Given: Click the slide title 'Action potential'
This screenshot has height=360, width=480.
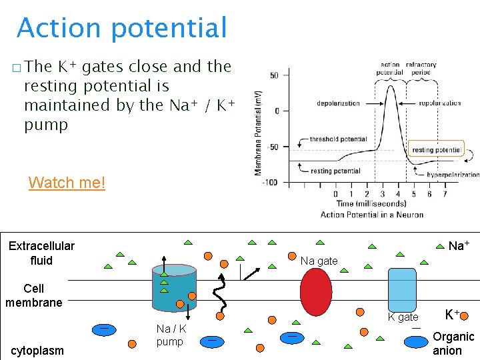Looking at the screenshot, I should pos(122,28).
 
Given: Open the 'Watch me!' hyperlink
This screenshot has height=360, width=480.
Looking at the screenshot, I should pos(67,183).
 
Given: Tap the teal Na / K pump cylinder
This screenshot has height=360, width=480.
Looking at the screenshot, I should pos(174,287).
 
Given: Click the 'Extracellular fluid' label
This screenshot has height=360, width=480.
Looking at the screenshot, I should pos(41,253).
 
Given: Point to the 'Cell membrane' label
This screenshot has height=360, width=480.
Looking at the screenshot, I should pos(33,295).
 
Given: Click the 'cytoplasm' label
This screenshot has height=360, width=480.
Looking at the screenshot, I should pos(37,351).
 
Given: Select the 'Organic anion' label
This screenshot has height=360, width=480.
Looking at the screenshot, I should pos(453,343).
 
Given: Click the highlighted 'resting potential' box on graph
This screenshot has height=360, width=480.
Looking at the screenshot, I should pos(436,150).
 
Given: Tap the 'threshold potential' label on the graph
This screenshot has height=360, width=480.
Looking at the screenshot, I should pos(339,140).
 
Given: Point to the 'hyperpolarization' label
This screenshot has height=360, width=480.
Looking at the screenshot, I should pos(453,175).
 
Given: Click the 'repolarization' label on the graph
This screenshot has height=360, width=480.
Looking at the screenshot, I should pos(440,103).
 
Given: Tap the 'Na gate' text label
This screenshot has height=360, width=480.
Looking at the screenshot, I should pos(319,261).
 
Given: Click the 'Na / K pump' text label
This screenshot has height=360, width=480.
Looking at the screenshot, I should pos(171,335).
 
